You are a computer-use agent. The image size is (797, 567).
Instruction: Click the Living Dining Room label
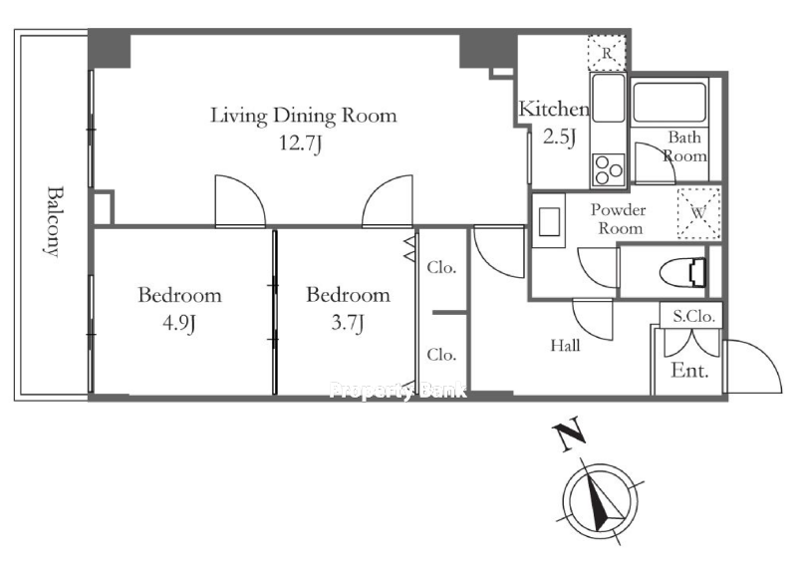coord(304,116)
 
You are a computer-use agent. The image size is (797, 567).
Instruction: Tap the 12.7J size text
coord(301,143)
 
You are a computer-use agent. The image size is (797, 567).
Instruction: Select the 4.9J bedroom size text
coord(179,323)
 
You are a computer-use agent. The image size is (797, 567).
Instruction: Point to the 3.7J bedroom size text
coord(348,323)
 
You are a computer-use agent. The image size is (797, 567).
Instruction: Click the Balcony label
coord(54,221)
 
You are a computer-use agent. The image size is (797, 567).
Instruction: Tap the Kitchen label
coord(554,109)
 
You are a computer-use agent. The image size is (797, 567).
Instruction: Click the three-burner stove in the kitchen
coord(608,169)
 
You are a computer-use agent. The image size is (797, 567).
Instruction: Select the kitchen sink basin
coord(608,98)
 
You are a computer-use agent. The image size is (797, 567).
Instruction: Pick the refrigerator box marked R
coord(607,53)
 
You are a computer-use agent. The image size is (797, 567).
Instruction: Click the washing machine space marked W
coord(699,213)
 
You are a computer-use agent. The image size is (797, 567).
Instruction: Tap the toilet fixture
coord(682,273)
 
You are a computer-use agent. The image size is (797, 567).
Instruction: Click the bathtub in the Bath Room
coord(668,102)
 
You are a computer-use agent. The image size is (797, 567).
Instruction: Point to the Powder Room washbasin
coord(549,221)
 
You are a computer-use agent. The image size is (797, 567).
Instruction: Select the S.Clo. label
coord(693,317)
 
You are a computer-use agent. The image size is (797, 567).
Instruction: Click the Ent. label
coord(689,370)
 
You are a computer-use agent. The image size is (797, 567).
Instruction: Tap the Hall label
coord(565,346)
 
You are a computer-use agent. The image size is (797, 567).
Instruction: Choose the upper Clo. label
coord(441,267)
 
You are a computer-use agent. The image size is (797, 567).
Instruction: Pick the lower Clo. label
coord(441,355)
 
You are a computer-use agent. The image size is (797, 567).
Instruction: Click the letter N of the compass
coord(569,432)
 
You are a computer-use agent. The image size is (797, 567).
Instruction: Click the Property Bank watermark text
coord(398,390)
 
